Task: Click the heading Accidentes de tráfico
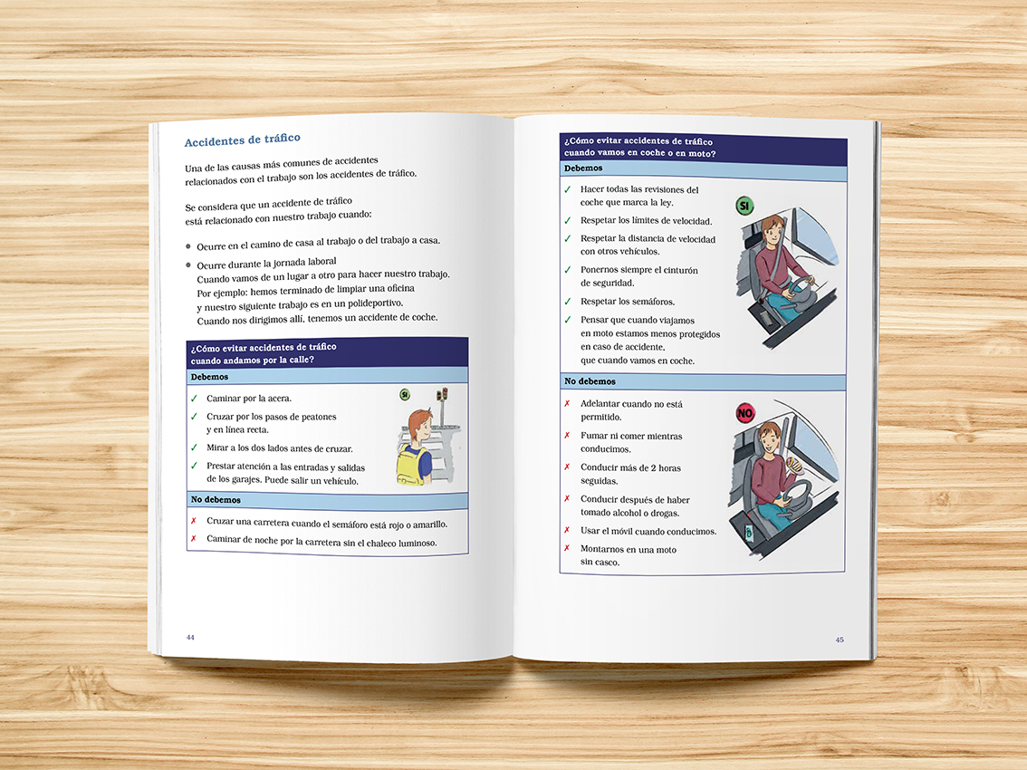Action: coord(243,140)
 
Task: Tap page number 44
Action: coord(190,637)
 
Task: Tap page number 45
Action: coord(839,640)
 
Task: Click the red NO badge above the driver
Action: coord(745,413)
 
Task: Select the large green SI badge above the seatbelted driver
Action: coord(744,206)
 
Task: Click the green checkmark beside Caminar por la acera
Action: coord(194,399)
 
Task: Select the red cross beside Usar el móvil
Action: coord(567,530)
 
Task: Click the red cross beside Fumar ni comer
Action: coord(567,435)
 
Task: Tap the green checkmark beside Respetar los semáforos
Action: coord(568,302)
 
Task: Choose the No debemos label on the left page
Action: coord(216,499)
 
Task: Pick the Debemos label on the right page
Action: coord(583,168)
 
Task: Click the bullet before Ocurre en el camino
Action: coord(188,247)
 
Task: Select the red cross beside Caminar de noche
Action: coord(193,539)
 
